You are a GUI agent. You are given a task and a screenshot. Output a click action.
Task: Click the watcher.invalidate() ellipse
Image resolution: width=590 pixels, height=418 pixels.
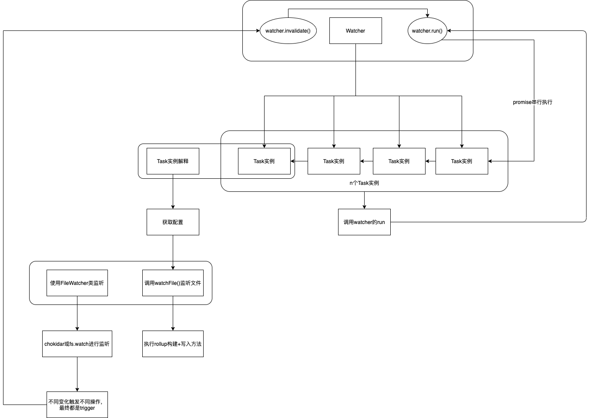click(288, 30)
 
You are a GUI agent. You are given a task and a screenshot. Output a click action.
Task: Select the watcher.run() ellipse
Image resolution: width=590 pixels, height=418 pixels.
click(427, 30)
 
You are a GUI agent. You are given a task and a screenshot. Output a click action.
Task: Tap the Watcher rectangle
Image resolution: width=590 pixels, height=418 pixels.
click(355, 30)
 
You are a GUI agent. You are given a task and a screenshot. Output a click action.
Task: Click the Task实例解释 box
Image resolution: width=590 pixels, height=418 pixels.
click(173, 161)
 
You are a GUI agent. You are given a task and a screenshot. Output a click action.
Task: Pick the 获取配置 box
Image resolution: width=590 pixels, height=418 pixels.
click(173, 222)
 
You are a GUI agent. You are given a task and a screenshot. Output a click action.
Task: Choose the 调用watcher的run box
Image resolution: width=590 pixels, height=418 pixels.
click(364, 222)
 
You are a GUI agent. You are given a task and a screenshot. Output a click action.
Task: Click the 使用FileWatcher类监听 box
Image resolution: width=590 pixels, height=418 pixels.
click(77, 283)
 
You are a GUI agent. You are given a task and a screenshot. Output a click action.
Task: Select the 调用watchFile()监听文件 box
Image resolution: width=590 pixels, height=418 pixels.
click(173, 283)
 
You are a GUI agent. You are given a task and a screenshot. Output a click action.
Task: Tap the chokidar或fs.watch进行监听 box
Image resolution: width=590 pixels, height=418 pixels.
click(77, 344)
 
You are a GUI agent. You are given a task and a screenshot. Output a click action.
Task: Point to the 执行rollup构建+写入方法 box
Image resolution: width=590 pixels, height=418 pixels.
click(173, 344)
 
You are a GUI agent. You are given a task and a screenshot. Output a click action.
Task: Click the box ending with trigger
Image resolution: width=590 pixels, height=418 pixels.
click(77, 405)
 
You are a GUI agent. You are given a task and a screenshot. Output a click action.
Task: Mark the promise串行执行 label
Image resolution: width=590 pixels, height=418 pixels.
click(532, 102)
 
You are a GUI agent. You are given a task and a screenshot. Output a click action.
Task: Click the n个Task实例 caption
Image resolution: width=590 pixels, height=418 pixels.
click(364, 183)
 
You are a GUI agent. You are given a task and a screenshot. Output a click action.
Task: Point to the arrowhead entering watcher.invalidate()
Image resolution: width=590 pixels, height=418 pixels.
click(258, 30)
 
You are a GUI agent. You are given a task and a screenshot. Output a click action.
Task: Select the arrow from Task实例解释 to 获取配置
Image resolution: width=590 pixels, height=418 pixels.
click(173, 191)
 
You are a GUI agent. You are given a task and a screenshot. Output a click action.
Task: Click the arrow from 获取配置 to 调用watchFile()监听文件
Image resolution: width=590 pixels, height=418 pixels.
click(173, 252)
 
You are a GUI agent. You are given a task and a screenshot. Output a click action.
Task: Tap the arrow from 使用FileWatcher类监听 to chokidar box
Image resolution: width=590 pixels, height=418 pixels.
click(77, 313)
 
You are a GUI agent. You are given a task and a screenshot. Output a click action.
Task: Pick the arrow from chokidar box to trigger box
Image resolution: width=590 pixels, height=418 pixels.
click(77, 374)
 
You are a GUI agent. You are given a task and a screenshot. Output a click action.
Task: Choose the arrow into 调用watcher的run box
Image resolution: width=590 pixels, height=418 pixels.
click(364, 200)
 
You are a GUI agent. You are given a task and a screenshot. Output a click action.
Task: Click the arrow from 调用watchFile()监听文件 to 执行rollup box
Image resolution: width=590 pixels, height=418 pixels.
click(173, 313)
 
